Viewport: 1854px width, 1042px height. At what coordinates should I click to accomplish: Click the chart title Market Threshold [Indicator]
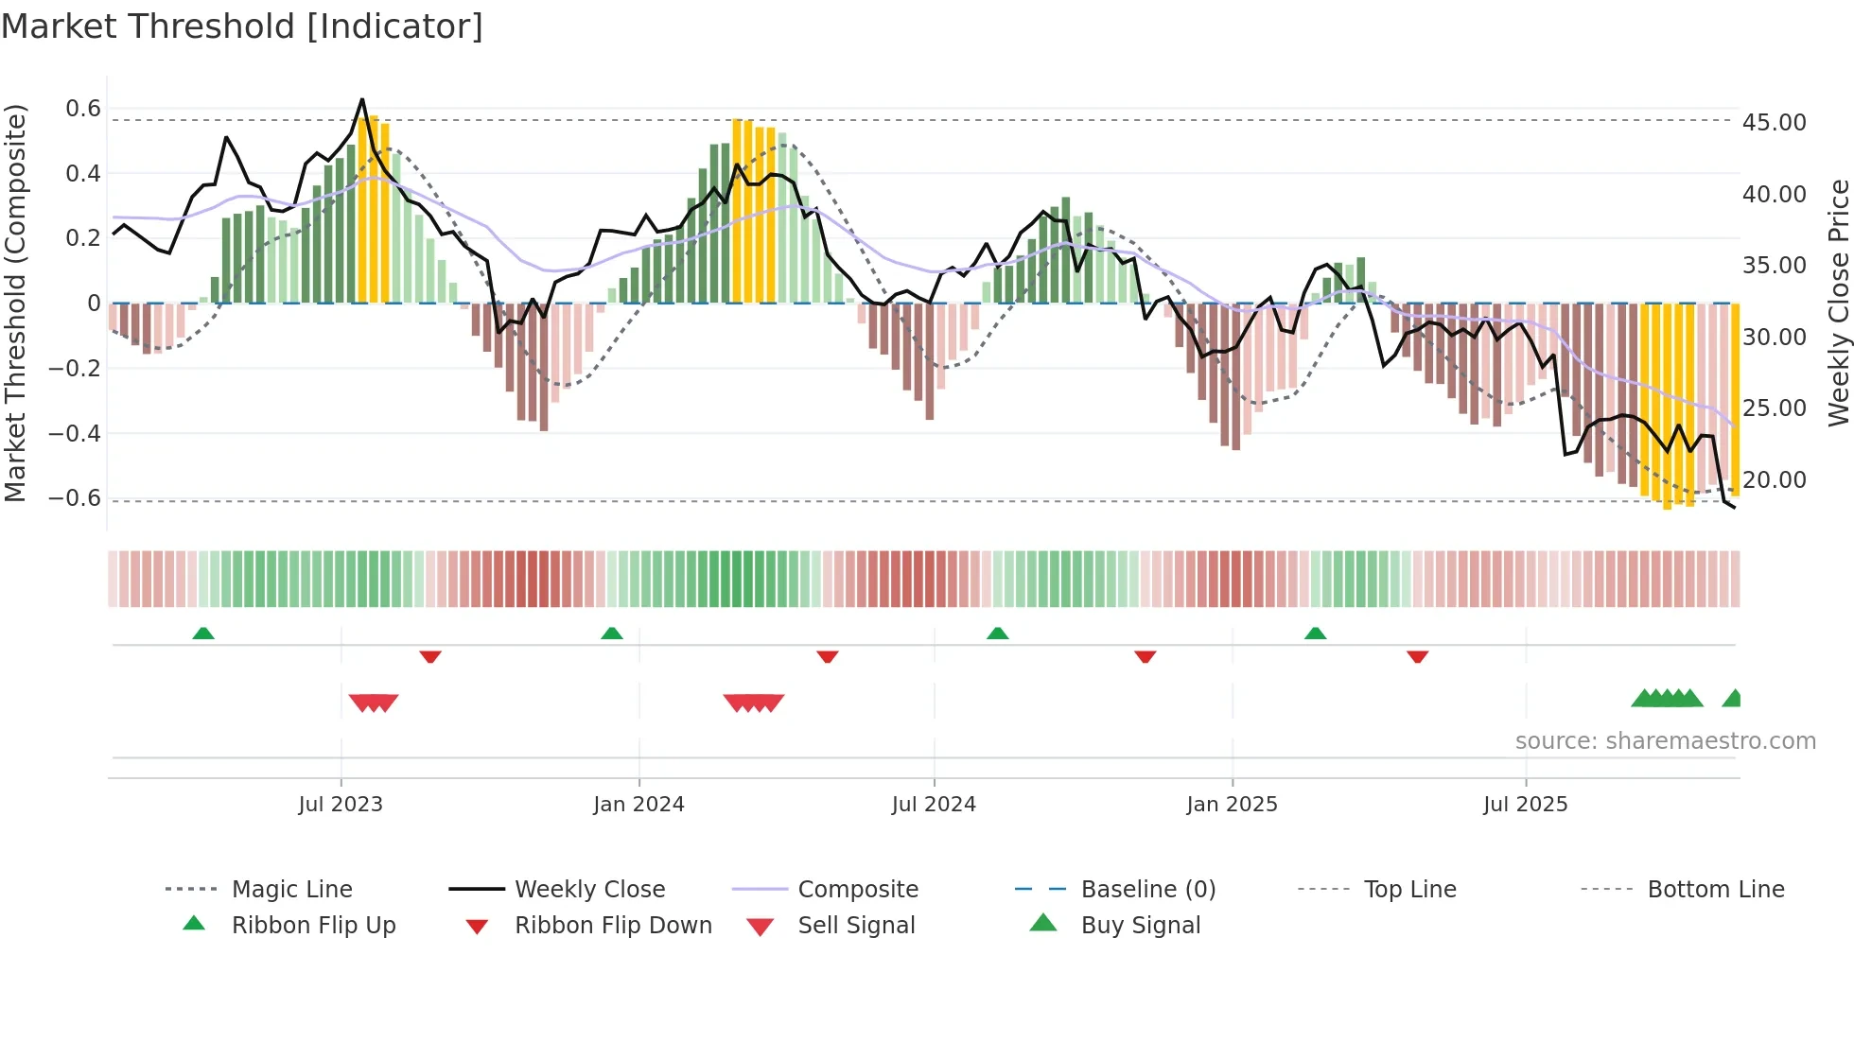[242, 26]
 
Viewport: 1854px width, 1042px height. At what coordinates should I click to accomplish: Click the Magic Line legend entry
[291, 889]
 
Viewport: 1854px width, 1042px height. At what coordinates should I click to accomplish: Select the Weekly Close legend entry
[589, 889]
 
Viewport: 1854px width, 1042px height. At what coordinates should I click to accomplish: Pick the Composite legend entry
[857, 889]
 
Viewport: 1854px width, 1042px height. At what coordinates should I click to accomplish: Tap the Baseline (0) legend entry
[1147, 889]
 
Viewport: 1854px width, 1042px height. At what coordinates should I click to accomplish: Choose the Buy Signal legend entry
[1140, 925]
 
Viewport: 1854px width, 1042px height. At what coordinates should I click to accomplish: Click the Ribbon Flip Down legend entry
[612, 925]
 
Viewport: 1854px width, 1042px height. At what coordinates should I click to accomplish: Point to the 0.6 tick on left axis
[83, 109]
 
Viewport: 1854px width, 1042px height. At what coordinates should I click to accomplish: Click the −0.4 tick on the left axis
[75, 433]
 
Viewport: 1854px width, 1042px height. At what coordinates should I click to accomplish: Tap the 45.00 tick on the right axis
[1774, 122]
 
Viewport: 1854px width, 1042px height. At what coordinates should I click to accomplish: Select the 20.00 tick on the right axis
[1774, 479]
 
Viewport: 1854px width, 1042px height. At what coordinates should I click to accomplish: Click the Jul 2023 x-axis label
[341, 805]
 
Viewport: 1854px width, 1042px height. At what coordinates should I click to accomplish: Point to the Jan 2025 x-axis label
[1232, 805]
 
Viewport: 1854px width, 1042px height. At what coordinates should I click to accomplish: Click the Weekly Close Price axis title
[1838, 303]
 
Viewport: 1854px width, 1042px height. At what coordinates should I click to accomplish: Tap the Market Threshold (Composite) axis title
[15, 303]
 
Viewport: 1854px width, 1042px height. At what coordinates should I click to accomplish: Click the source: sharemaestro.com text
[1665, 740]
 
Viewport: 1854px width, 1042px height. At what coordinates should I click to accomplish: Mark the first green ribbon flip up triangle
[203, 634]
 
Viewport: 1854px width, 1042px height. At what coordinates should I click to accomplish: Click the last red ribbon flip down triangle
[1417, 656]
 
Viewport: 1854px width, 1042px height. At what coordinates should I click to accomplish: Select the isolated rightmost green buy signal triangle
[1733, 699]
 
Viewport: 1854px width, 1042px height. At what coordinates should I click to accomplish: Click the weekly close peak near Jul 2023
[361, 99]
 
